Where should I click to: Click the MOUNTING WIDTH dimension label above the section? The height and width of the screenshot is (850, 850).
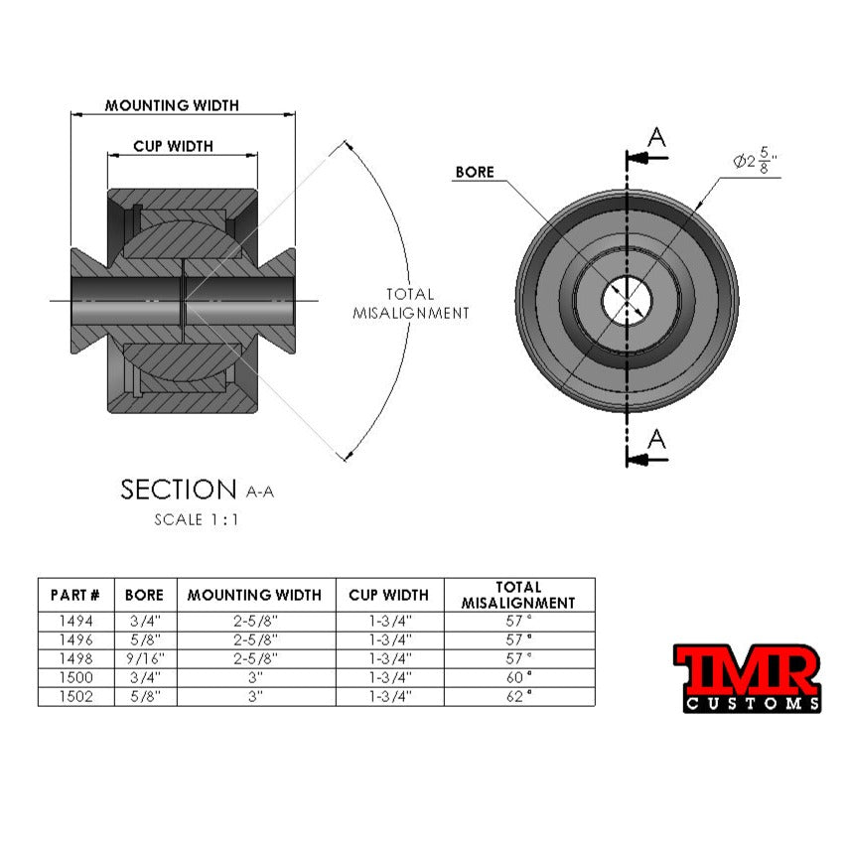(172, 105)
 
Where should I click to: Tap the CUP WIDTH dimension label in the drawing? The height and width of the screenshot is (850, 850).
(173, 146)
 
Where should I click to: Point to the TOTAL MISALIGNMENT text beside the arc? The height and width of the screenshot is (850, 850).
(410, 304)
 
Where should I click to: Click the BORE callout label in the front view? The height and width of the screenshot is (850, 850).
(474, 172)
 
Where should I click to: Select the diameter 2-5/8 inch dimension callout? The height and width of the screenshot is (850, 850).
(755, 159)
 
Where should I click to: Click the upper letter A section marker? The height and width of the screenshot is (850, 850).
(656, 138)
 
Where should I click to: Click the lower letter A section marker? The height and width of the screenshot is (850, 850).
(656, 439)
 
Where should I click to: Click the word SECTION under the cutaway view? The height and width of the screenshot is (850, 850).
(178, 490)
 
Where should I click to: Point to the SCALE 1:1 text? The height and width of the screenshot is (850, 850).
(197, 518)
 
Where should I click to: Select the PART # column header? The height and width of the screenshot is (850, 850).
(75, 595)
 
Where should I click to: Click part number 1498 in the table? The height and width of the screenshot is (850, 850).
(75, 657)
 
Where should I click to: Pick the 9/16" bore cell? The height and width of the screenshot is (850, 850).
(145, 657)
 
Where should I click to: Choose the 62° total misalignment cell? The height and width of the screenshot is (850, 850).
(518, 696)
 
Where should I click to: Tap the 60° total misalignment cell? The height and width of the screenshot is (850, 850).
(518, 676)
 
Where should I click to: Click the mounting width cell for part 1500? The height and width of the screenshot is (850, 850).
(254, 676)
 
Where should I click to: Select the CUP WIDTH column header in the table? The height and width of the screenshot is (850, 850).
(388, 595)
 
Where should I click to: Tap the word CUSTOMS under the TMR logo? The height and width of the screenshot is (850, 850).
(752, 703)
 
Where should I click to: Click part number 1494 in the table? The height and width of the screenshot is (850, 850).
(75, 620)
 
